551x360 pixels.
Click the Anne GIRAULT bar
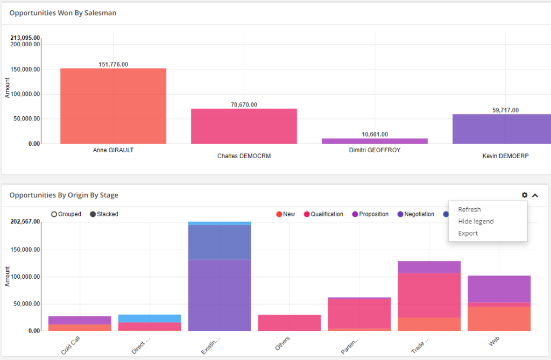(113, 106)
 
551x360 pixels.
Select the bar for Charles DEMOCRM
(244, 126)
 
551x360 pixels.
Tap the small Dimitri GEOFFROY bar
(375, 141)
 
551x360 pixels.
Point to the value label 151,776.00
(113, 64)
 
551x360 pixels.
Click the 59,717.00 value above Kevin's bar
(505, 110)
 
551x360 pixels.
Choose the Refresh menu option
(469, 210)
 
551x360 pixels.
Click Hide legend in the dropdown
(476, 222)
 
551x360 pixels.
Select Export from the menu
(468, 234)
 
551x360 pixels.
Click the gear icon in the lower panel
(525, 195)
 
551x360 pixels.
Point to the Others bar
(289, 323)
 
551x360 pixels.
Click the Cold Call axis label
(72, 345)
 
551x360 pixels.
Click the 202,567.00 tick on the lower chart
(25, 222)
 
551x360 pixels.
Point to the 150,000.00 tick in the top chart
(25, 69)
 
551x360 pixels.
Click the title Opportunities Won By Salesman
(63, 13)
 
